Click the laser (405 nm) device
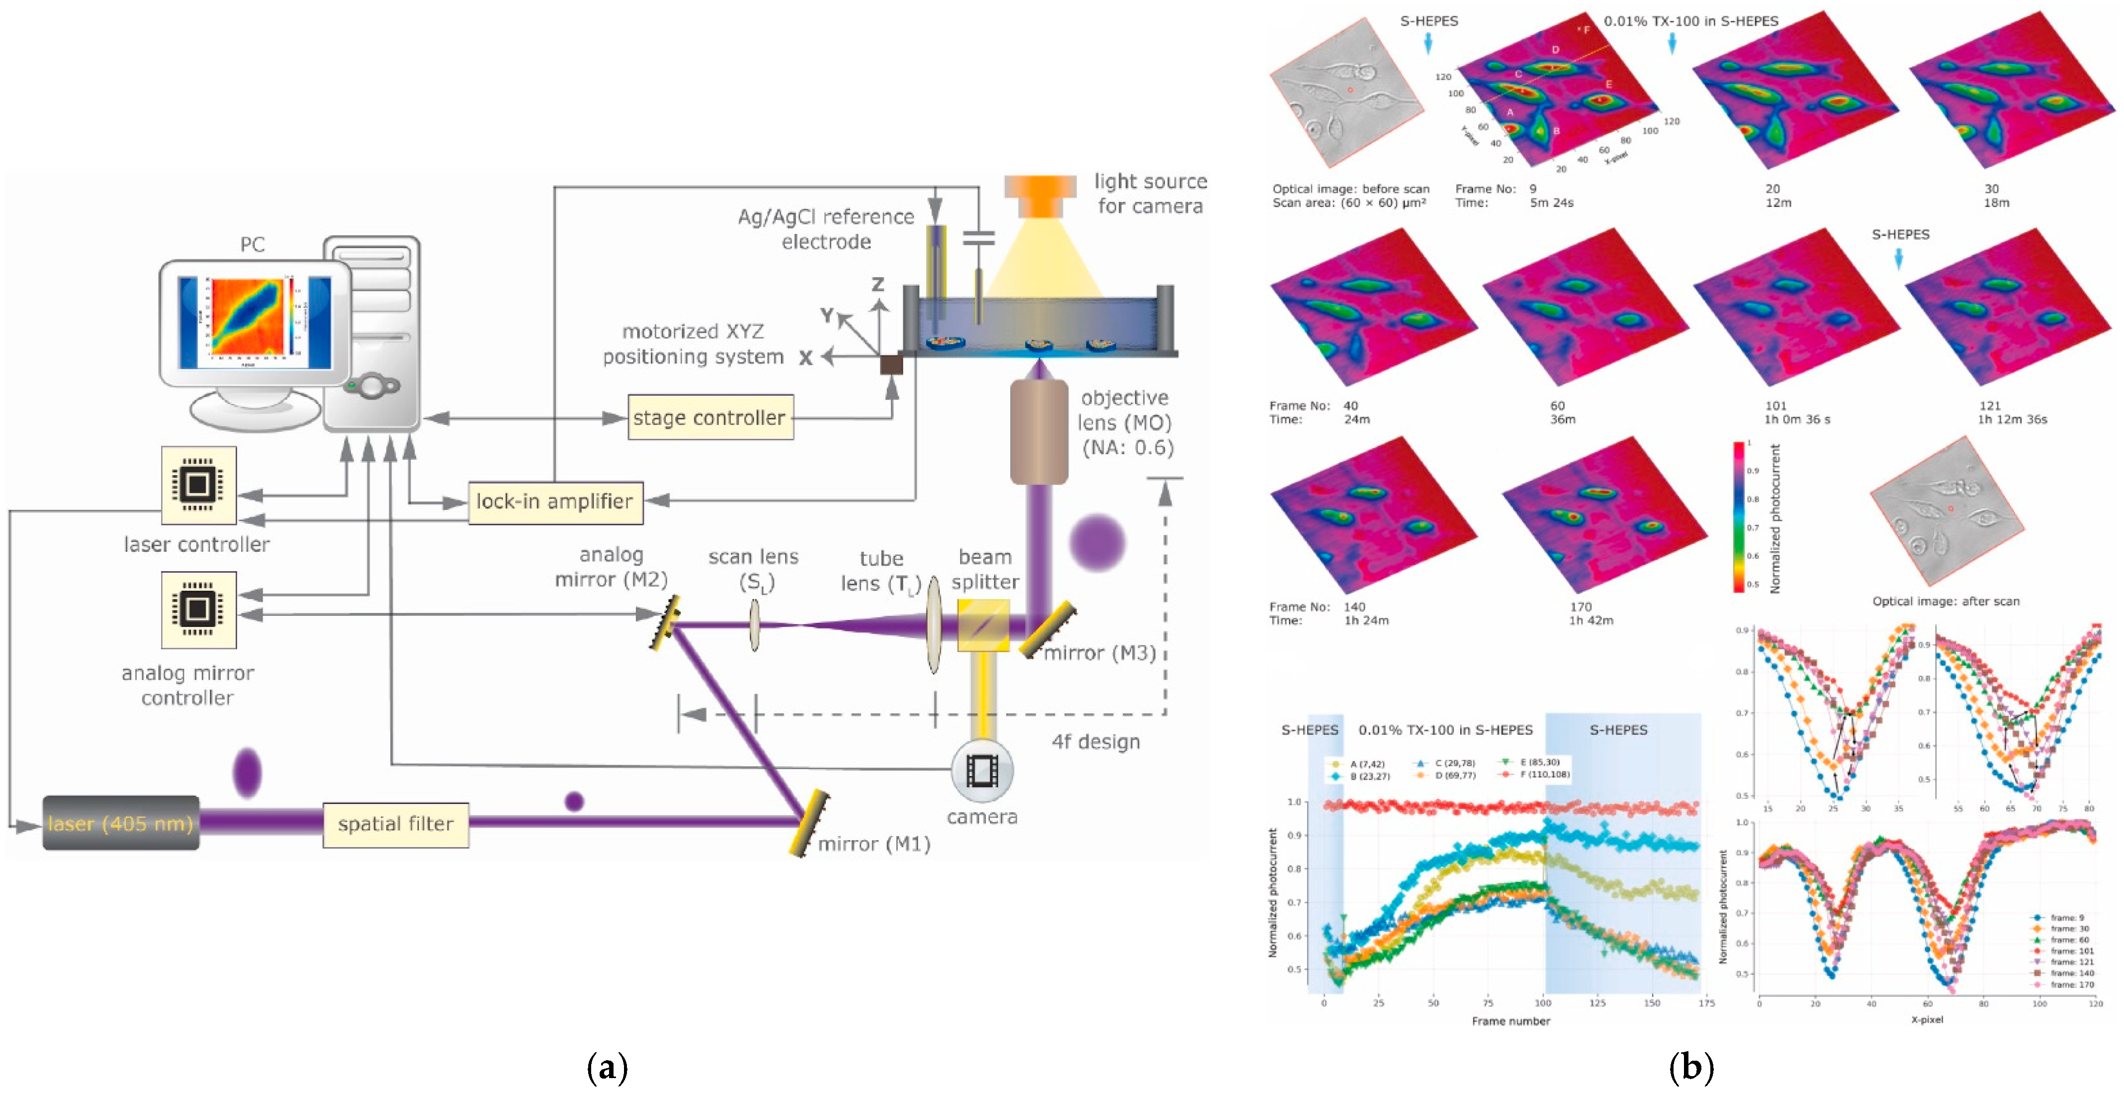(120, 823)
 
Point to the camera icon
(981, 771)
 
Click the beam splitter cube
(983, 625)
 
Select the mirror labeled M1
(808, 823)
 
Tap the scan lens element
(754, 625)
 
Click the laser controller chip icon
(198, 485)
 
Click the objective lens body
(1039, 433)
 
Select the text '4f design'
(1095, 742)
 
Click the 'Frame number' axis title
(1510, 1021)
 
